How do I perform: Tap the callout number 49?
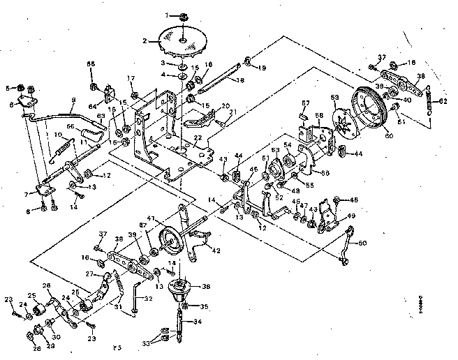(x=351, y=216)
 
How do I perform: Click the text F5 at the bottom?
(x=117, y=347)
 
